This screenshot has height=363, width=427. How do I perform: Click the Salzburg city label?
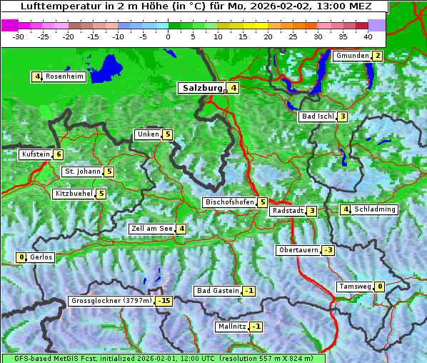203,89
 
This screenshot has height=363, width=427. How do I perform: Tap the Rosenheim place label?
64,76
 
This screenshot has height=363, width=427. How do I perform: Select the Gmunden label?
352,56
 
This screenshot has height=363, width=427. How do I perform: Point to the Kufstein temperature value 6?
59,154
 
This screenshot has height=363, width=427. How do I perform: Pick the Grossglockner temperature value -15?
164,301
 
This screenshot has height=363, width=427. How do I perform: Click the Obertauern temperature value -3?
328,250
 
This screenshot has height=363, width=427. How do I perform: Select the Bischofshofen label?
229,202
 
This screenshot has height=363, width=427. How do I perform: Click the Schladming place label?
375,209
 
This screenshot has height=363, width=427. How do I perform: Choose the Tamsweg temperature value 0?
380,287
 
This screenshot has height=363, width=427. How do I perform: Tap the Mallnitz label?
231,327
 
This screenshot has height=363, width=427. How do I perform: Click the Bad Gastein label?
217,291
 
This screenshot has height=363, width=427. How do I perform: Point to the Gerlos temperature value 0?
21,257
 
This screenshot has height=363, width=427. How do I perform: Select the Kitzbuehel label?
74,194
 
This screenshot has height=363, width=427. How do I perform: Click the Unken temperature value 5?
167,134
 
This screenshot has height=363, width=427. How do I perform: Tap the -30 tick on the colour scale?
19,36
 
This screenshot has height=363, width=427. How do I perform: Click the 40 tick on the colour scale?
368,36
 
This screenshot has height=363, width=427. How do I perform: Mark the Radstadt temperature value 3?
312,211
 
